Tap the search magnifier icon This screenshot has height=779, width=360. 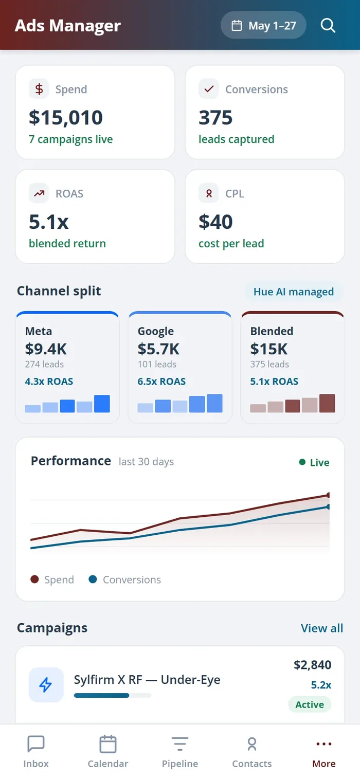328,25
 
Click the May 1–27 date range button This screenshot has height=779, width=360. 263,25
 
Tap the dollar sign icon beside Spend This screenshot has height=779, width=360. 39,89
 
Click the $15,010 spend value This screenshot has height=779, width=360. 66,117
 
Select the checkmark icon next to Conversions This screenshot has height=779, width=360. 209,89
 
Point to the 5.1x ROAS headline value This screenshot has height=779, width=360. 49,222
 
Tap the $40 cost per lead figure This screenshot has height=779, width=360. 215,222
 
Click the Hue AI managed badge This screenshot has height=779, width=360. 294,292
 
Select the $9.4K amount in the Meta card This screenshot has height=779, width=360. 46,349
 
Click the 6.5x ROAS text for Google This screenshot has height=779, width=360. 161,382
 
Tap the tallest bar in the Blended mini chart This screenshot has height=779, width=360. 327,403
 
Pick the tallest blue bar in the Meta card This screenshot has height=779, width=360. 102,404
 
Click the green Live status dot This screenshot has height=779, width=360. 302,462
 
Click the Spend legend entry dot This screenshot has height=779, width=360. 34,579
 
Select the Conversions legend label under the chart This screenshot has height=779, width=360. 132,579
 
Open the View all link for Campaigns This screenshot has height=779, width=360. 322,628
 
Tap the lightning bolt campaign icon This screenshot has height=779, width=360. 46,685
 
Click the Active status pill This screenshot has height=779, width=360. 310,704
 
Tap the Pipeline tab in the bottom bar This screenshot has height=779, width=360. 180,751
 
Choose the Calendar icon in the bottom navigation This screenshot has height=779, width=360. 108,744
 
